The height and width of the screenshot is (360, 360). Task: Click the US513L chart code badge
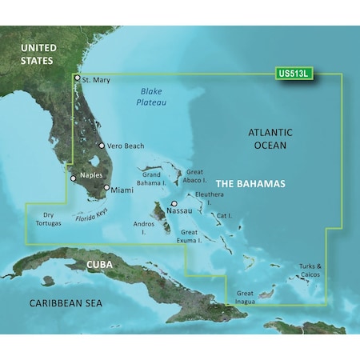(293, 73)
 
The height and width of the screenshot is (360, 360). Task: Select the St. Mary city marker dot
(77, 78)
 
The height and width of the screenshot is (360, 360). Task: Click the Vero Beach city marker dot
(102, 146)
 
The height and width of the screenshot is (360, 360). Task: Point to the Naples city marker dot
(73, 178)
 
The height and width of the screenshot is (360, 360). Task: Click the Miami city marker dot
(106, 189)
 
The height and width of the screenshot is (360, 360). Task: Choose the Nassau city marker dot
(174, 204)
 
